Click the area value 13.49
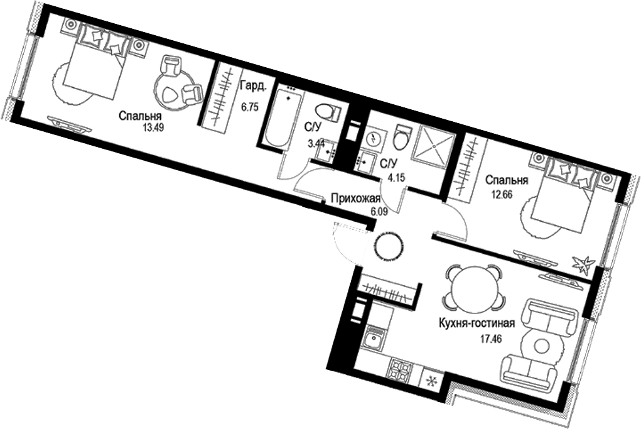153,127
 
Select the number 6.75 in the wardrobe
250,107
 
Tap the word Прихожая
355,199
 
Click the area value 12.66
501,194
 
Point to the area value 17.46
491,339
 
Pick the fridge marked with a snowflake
430,381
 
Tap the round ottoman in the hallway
390,247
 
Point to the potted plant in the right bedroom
583,264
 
